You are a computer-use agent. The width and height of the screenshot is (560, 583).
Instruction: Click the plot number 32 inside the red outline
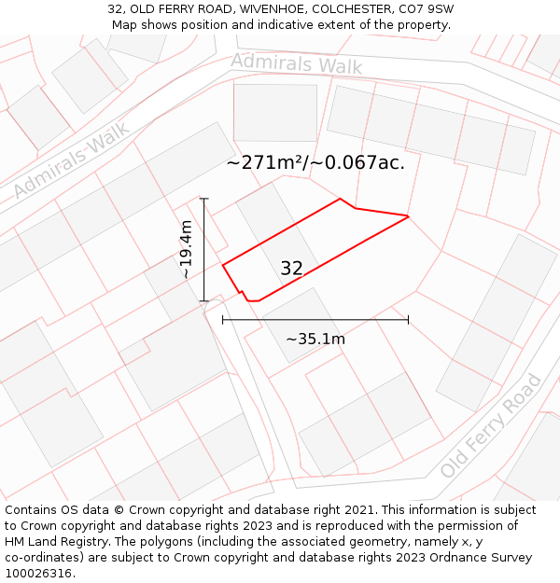(291, 269)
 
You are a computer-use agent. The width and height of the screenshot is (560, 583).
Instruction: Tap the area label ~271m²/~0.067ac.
(315, 162)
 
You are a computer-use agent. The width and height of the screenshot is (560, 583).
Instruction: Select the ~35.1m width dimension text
(315, 339)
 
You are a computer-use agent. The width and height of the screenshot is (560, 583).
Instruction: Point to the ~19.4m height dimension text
(187, 250)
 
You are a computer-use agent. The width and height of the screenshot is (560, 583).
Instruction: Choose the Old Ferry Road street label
(491, 425)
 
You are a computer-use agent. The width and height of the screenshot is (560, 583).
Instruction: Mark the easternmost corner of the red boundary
(408, 216)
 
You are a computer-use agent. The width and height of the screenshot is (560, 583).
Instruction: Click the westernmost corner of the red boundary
(223, 266)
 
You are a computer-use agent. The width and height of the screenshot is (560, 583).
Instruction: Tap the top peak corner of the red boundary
(340, 199)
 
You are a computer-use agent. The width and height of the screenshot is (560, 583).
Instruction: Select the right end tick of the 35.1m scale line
(408, 320)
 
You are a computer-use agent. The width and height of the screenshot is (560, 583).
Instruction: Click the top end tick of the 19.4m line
(203, 199)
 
